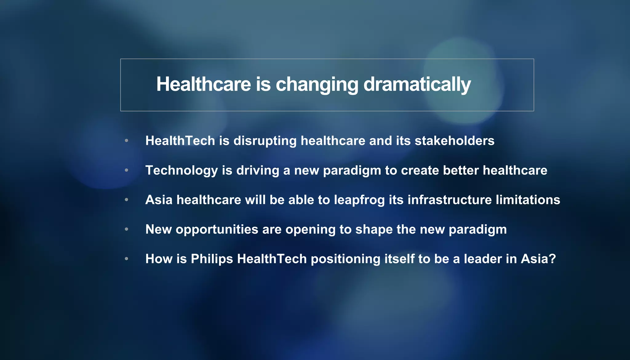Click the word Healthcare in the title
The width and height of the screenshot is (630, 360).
click(204, 84)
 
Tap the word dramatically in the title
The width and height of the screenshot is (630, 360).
click(417, 84)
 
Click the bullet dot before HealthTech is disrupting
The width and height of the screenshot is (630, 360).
click(126, 141)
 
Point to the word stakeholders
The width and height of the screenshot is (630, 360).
click(454, 141)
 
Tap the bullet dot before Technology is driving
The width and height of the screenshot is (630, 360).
click(126, 170)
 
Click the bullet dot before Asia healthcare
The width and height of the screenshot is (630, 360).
click(126, 200)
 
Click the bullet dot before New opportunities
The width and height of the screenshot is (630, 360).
click(126, 229)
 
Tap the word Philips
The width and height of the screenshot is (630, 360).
click(212, 259)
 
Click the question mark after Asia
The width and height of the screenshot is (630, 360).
click(552, 259)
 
